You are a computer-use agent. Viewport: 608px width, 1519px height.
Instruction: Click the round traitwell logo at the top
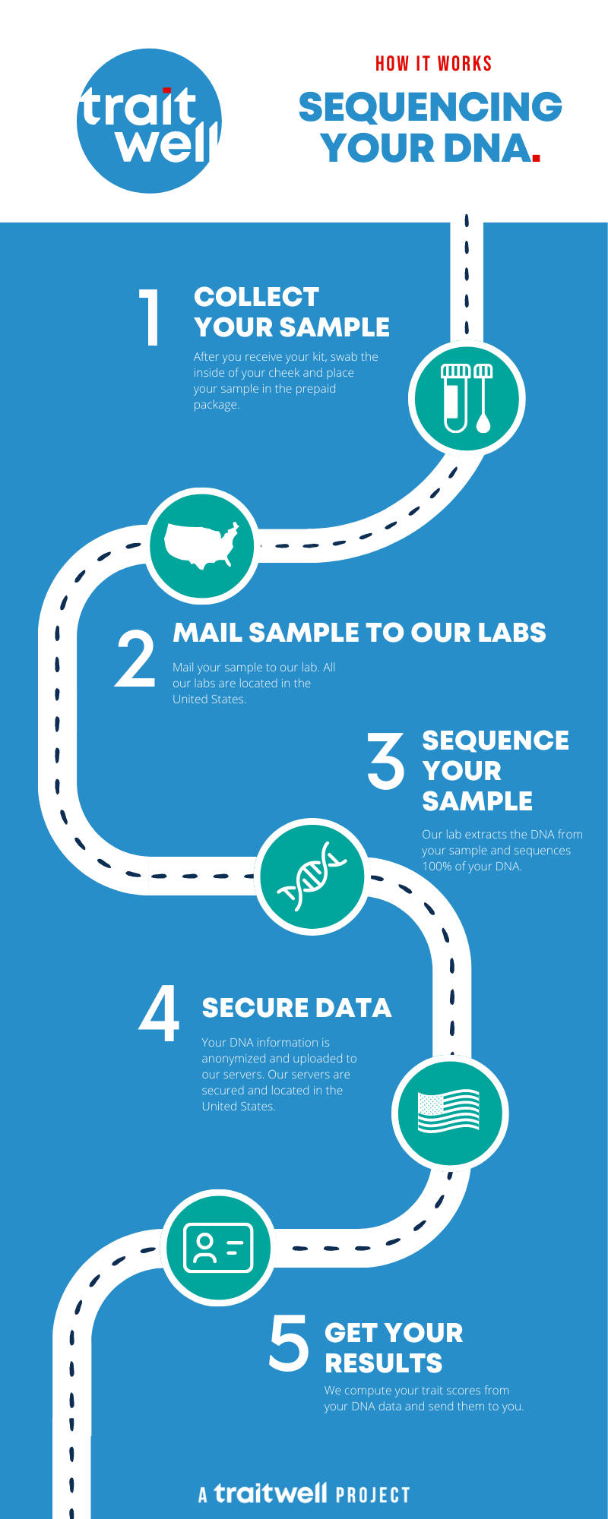pos(149,121)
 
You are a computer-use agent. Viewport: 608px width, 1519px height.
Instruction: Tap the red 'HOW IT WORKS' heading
pos(434,64)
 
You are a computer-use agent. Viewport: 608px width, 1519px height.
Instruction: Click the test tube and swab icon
pos(467,399)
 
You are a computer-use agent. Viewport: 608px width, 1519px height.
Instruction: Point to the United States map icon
pos(202,545)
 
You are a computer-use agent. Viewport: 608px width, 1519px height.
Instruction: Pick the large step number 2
pos(135,658)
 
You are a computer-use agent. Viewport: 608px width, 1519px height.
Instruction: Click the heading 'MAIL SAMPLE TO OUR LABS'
pos(359,633)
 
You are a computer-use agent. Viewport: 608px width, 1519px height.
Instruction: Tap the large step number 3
pos(386,759)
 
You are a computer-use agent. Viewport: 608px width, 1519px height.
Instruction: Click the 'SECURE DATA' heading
pos(296,1008)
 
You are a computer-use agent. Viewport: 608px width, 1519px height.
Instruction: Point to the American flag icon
pos(449,1111)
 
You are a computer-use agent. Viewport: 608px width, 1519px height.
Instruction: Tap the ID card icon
pos(219,1247)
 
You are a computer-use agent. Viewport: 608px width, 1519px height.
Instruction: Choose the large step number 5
pos(290,1344)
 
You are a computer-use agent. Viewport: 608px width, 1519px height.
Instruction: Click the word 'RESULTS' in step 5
pos(384,1363)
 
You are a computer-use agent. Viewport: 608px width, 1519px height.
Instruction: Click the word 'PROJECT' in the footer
pos(373,1495)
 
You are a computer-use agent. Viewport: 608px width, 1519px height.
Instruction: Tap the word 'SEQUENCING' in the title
pos(430,107)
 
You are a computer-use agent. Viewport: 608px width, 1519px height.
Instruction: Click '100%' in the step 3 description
pos(436,867)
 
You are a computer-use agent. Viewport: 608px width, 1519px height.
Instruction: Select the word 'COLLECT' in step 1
pos(256,297)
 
